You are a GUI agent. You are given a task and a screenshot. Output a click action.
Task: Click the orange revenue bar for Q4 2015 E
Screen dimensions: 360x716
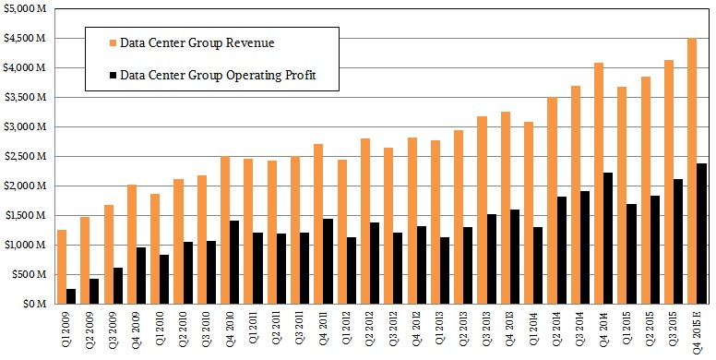(691, 171)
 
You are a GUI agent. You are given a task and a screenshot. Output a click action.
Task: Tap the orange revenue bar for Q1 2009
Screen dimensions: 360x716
(62, 267)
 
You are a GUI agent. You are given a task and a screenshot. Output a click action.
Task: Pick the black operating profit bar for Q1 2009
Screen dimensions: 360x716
(71, 296)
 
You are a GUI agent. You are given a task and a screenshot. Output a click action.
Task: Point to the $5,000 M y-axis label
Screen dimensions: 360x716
(24, 8)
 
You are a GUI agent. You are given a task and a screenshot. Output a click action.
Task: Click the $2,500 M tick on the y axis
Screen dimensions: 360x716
(24, 156)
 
